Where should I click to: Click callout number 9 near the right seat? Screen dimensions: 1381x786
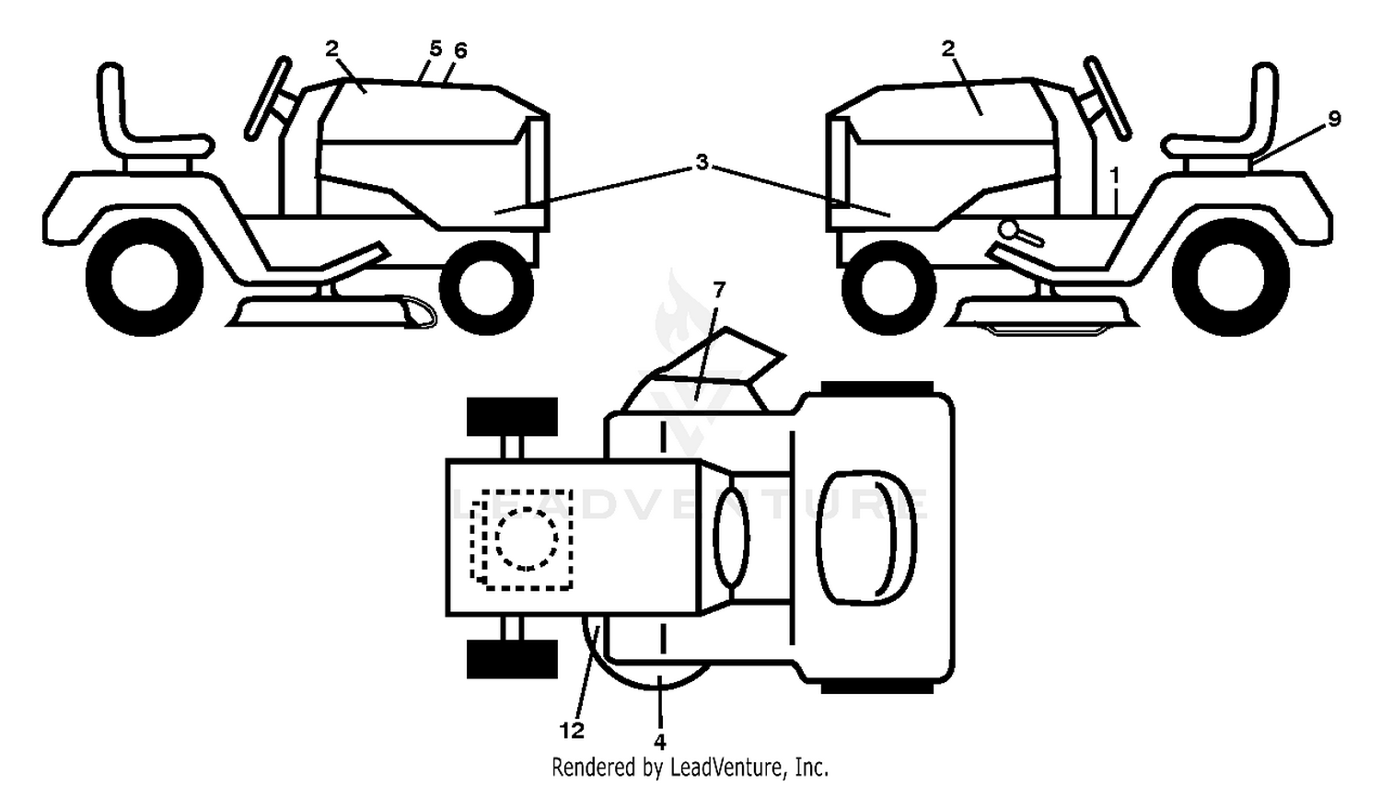[x=1333, y=119]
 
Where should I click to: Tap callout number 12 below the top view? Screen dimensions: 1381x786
[x=572, y=731]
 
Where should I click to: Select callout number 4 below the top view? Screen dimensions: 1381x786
[x=660, y=742]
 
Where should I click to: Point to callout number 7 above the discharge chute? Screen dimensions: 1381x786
[x=719, y=289]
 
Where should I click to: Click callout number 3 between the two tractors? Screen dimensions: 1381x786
[x=702, y=163]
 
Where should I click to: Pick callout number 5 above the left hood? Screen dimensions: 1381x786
[x=435, y=49]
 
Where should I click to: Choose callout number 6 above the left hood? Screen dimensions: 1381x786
[x=460, y=51]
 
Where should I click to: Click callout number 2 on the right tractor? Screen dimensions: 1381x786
[x=948, y=49]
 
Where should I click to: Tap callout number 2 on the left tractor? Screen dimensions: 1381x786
[x=332, y=49]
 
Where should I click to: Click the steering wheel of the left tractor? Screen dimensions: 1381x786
[x=268, y=98]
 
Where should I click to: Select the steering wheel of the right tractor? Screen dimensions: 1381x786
[x=1108, y=98]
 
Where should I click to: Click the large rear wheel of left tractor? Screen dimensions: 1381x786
[x=145, y=277]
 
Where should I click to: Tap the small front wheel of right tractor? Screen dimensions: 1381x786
[x=888, y=288]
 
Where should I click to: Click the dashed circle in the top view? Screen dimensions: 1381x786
[x=526, y=538]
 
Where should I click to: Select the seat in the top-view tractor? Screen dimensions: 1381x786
[x=865, y=537]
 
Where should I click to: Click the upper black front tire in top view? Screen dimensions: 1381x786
[x=512, y=417]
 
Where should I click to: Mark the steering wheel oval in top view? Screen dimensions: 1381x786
[x=731, y=536]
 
